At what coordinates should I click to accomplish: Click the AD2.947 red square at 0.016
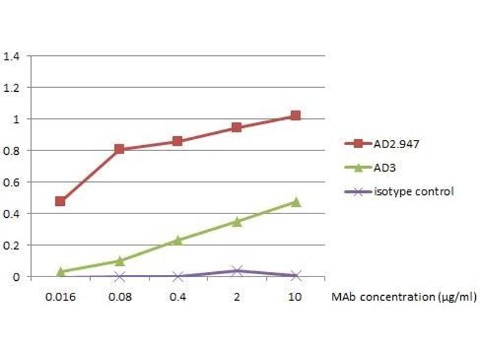click(60, 201)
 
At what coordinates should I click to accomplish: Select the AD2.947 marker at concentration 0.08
click(119, 149)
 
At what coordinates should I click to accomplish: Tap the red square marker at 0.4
click(178, 141)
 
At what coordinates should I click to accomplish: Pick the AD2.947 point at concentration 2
click(236, 127)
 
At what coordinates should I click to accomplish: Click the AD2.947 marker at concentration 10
click(295, 115)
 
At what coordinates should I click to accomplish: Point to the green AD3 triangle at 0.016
click(60, 272)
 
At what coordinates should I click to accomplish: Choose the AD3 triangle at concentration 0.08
click(119, 260)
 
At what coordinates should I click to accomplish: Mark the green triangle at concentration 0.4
click(178, 240)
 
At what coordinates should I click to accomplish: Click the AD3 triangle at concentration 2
click(236, 221)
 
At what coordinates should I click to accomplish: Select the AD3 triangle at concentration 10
click(295, 202)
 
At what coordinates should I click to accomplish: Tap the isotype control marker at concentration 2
click(236, 271)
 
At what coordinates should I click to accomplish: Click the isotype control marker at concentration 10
click(295, 275)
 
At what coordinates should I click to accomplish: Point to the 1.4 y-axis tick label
click(12, 56)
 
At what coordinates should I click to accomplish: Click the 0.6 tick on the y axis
click(12, 182)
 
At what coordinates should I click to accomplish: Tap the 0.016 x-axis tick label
click(60, 296)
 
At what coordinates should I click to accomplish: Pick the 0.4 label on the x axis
click(178, 296)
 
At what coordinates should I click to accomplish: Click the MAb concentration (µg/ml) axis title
click(405, 296)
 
